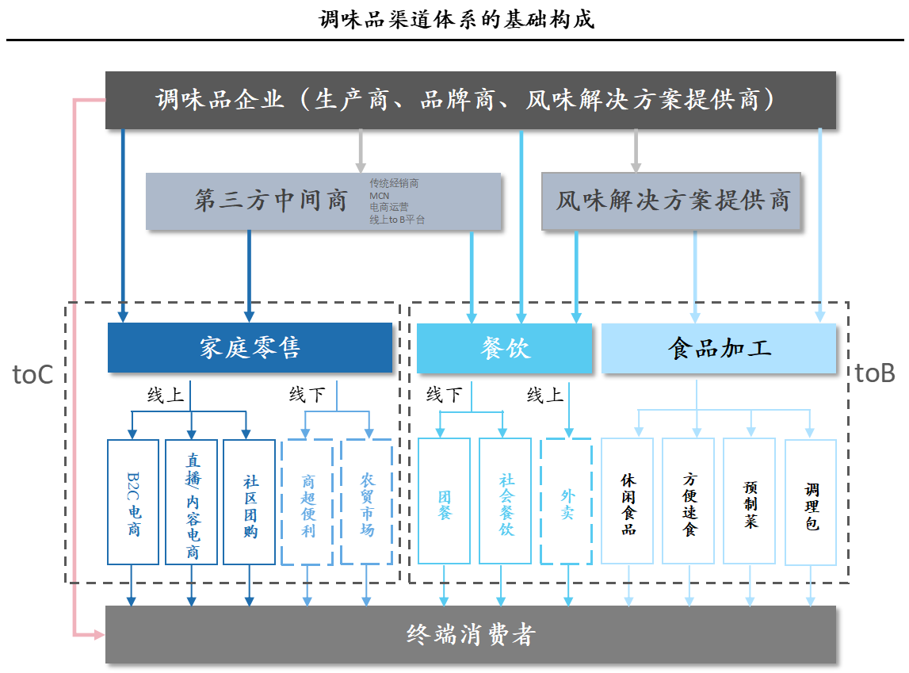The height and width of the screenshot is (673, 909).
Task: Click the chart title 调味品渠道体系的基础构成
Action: [456, 19]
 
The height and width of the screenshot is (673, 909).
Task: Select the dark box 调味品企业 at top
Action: [470, 100]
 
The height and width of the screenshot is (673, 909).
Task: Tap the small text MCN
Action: [380, 195]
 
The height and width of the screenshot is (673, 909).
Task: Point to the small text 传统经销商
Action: [394, 183]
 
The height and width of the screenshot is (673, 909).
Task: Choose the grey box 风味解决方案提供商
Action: [671, 201]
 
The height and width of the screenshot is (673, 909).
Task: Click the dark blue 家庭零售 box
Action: [250, 348]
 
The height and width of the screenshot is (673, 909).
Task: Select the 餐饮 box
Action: [504, 348]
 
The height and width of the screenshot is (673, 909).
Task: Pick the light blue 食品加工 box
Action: [719, 348]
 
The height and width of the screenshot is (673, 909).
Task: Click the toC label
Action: [33, 374]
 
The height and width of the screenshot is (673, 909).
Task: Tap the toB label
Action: [875, 373]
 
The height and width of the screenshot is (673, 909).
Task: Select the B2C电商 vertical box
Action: [133, 502]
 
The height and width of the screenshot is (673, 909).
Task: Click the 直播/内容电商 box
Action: [191, 502]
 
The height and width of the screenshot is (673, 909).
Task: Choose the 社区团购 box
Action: [250, 502]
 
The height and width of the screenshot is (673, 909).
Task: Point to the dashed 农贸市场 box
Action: [366, 502]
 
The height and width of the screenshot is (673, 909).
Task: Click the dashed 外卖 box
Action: [566, 502]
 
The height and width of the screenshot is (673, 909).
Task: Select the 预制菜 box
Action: [750, 502]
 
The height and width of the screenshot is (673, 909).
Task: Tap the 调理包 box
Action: [811, 502]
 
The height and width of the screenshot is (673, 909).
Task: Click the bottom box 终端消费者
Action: [470, 634]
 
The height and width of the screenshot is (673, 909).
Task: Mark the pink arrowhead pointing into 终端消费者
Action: [100, 634]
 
